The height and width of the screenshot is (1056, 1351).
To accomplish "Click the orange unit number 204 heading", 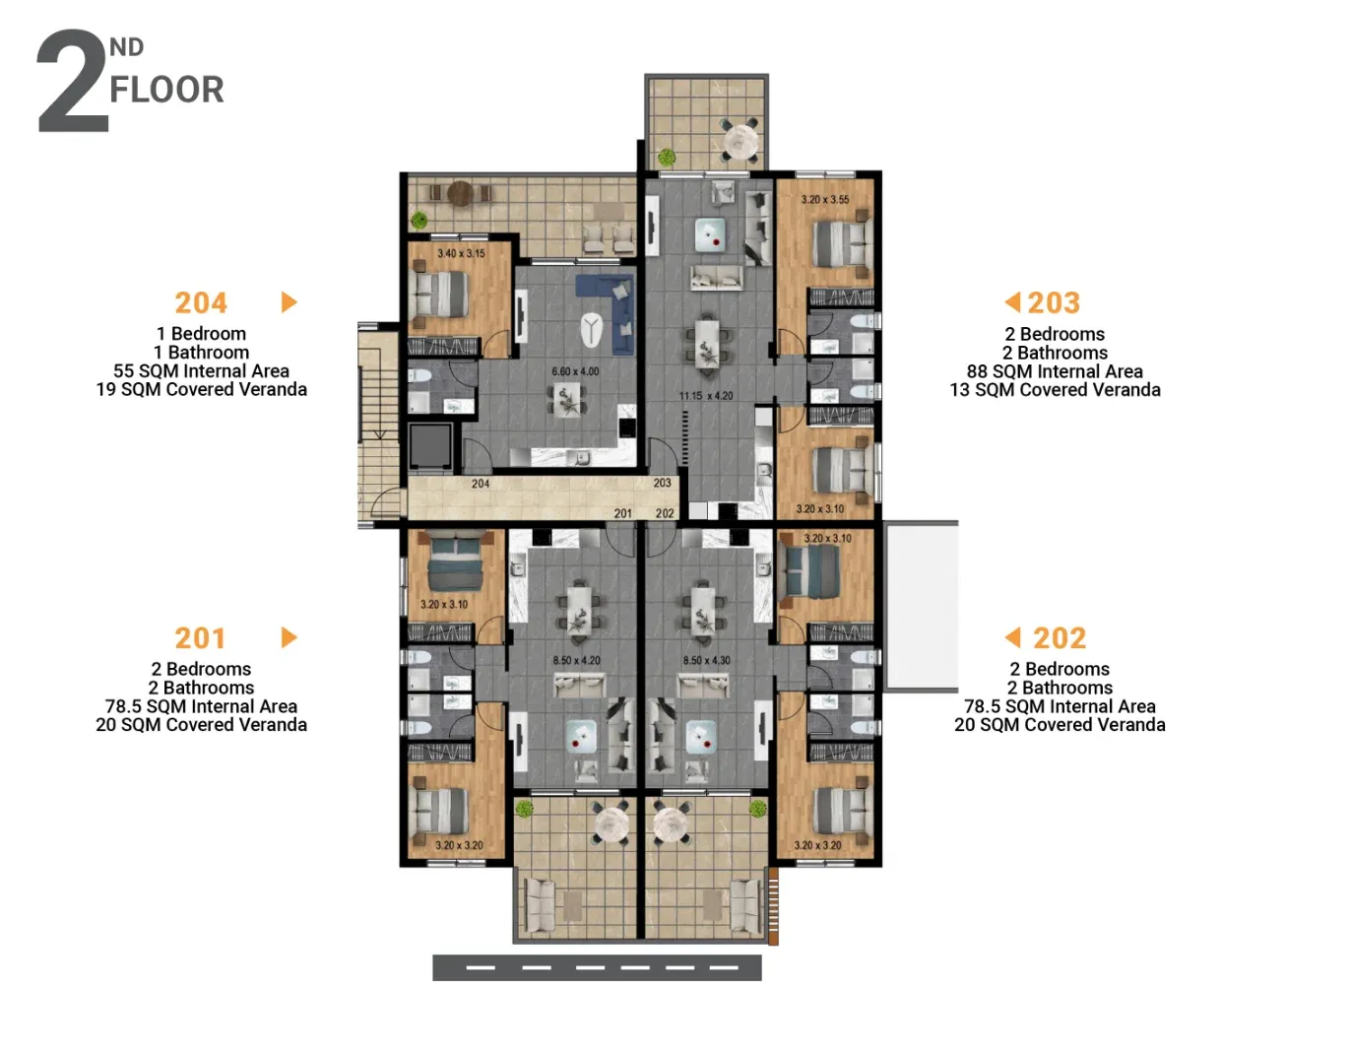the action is tap(201, 302).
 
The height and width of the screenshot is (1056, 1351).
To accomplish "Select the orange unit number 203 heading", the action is tap(1054, 302).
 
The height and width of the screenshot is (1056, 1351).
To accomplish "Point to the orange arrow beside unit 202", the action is tap(1012, 636).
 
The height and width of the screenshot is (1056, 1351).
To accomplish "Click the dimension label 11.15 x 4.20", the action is tap(706, 396).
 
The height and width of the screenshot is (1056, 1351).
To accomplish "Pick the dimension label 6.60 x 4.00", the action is tap(575, 371).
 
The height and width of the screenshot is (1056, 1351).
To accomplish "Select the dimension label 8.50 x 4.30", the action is tap(706, 660).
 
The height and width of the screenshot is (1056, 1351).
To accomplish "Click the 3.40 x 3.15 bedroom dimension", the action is tap(461, 253).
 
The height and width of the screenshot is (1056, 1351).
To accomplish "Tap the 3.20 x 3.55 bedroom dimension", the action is tap(824, 199).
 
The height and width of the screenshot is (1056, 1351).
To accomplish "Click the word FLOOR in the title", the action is tap(166, 90).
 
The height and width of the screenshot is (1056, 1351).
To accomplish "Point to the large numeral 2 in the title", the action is tap(73, 80).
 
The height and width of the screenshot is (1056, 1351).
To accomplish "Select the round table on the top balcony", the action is tap(740, 143).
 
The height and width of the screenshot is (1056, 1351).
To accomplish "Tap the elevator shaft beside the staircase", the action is tap(430, 446).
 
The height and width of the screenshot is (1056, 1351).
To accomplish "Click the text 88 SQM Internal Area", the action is tap(1055, 371).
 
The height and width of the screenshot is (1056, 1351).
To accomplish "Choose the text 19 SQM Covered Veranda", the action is tap(202, 389).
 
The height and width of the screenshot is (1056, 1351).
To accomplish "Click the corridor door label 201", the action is tap(623, 513).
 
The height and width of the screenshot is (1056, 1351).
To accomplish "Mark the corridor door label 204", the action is tap(480, 484).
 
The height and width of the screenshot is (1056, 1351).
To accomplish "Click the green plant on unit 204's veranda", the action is tap(419, 220).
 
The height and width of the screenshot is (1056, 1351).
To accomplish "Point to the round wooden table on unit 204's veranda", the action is tap(460, 193).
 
